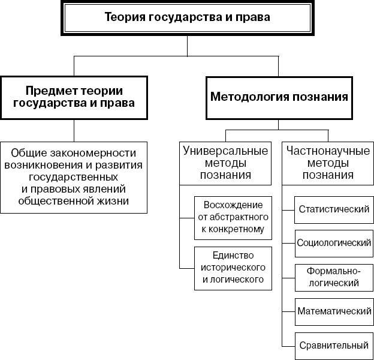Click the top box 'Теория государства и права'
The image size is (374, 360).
[x=187, y=18]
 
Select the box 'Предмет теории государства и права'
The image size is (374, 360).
[x=74, y=97]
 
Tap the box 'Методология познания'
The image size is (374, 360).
[x=279, y=97]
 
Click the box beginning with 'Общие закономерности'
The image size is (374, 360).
[x=74, y=177]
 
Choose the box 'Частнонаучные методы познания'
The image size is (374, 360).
[x=327, y=163]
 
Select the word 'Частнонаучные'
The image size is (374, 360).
[x=327, y=150]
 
